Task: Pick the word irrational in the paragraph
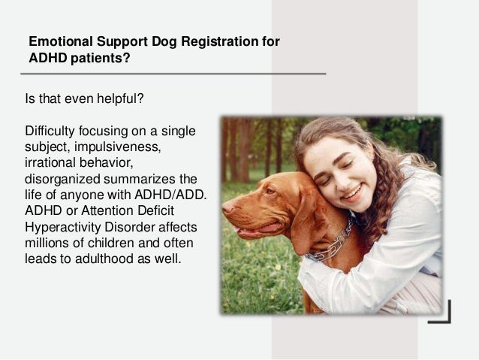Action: (x=50, y=162)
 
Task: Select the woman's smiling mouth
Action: (x=351, y=193)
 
